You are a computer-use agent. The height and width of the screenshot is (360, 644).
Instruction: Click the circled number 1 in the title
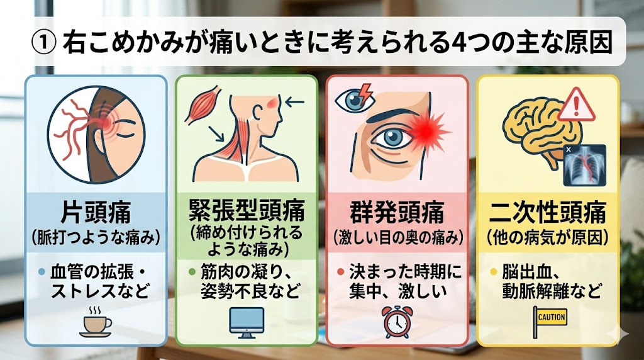tap(43, 43)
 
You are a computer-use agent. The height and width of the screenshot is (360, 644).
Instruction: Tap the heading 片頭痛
tap(96, 213)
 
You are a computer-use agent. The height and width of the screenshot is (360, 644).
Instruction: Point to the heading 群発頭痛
tap(397, 213)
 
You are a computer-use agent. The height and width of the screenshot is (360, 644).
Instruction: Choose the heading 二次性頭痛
tap(548, 213)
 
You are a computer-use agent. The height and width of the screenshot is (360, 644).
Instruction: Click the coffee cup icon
tap(96, 322)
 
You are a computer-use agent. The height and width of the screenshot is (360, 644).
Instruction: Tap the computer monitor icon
tap(247, 323)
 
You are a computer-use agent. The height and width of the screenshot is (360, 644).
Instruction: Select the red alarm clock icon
tap(397, 322)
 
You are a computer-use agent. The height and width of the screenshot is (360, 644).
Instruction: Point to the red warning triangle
tap(576, 105)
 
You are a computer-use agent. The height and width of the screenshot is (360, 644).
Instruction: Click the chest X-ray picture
tap(584, 165)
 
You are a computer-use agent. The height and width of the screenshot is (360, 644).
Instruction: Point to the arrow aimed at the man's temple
tap(294, 101)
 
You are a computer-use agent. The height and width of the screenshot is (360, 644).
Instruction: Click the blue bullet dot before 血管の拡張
tap(41, 272)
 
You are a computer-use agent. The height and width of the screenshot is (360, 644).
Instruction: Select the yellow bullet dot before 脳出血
tap(494, 272)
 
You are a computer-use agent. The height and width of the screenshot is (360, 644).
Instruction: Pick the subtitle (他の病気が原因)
tap(548, 237)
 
